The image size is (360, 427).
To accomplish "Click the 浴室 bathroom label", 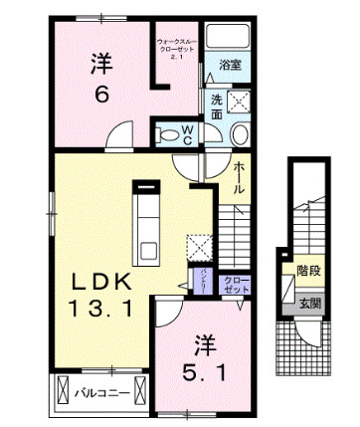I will point(231,66).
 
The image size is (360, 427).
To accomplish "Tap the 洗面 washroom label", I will point(217,107).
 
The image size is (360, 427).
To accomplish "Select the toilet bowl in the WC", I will point(166,132).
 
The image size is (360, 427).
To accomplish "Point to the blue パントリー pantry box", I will point(201,284).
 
